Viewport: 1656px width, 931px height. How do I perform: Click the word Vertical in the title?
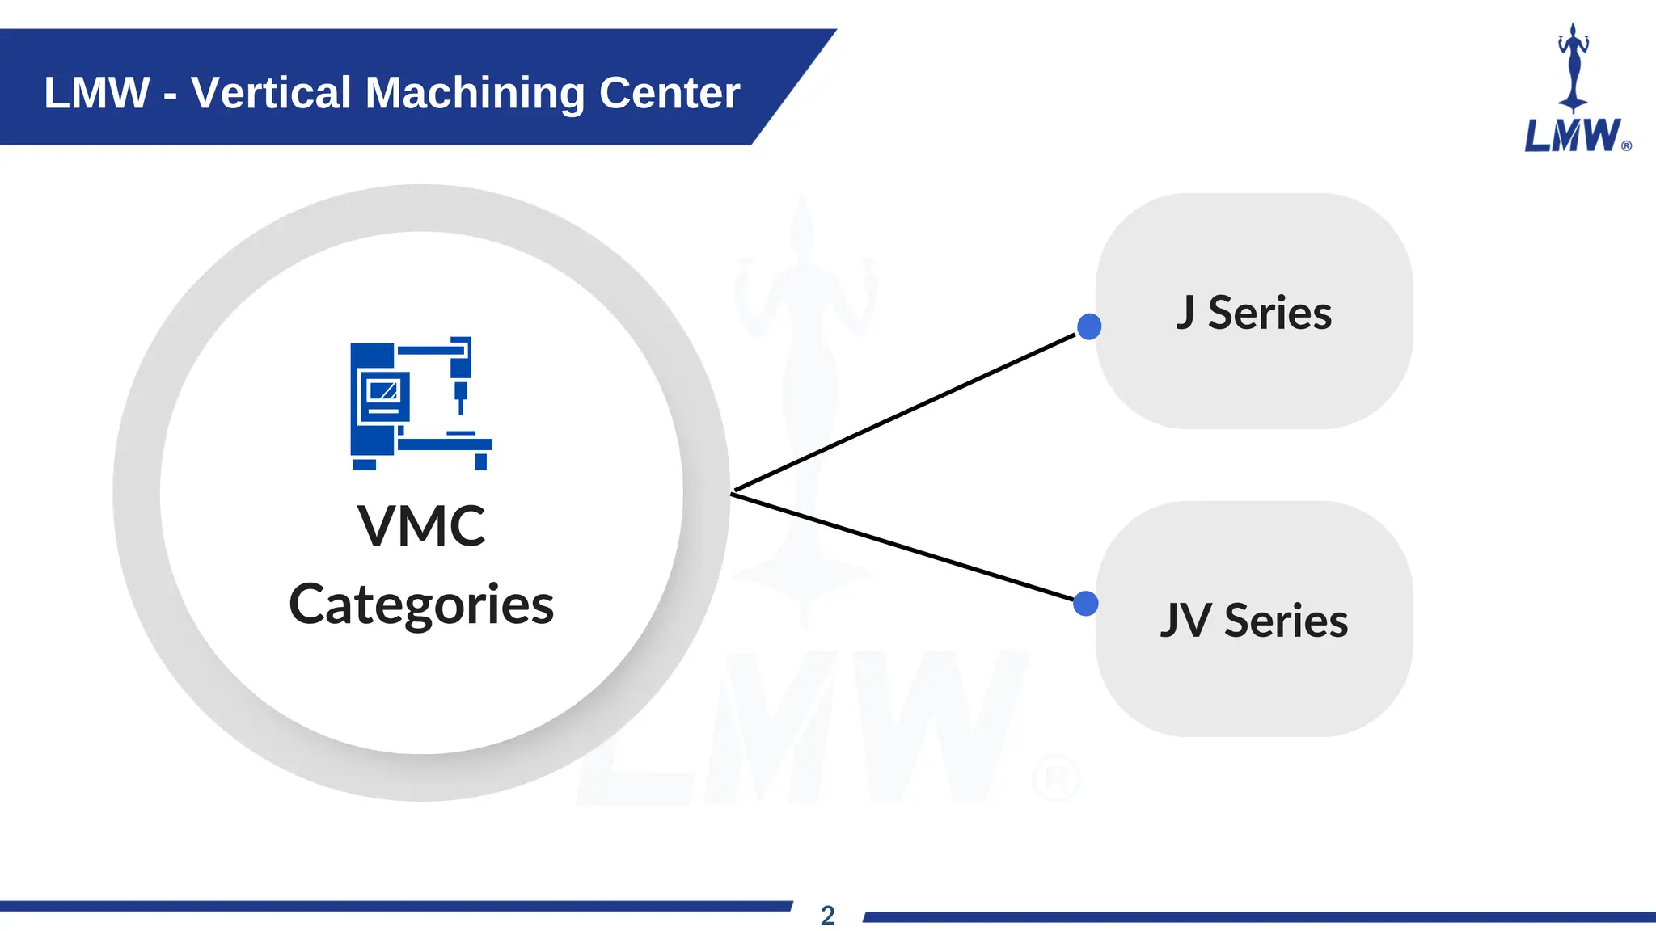click(271, 92)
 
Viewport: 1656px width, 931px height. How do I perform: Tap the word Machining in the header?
click(475, 92)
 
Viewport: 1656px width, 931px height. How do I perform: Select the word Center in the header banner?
click(669, 92)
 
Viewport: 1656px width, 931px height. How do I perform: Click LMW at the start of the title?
click(97, 92)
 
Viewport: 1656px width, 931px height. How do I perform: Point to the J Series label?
click(1253, 313)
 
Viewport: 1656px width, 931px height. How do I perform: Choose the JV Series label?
click(1253, 621)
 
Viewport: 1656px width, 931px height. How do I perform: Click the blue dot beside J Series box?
click(1089, 326)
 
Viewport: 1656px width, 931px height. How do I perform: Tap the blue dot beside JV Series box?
click(1086, 604)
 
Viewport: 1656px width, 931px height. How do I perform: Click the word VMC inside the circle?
click(421, 526)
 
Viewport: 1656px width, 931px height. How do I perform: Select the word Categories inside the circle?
click(421, 605)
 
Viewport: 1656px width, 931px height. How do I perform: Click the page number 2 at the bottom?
click(827, 916)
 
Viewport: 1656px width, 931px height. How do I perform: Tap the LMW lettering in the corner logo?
click(1572, 136)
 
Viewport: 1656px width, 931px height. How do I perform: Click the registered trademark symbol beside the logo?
click(1627, 146)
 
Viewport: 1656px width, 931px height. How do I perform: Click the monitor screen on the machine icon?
click(383, 391)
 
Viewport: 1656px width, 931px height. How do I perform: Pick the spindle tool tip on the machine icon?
click(460, 407)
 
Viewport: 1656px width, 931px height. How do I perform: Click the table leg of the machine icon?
click(480, 461)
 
